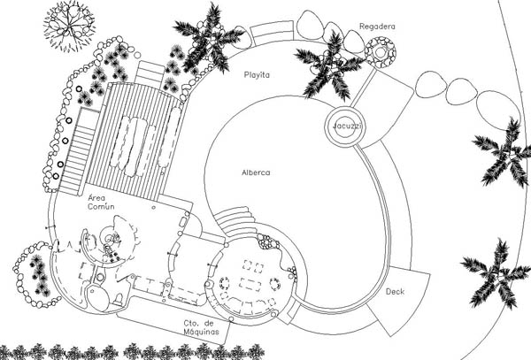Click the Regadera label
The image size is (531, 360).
[378, 26]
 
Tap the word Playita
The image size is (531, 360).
[258, 75]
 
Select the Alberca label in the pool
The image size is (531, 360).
[256, 172]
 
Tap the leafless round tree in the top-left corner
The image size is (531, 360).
[67, 25]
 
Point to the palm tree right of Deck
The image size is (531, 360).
[490, 272]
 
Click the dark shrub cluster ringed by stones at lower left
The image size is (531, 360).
[38, 274]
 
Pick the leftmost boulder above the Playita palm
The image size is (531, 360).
[311, 24]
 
